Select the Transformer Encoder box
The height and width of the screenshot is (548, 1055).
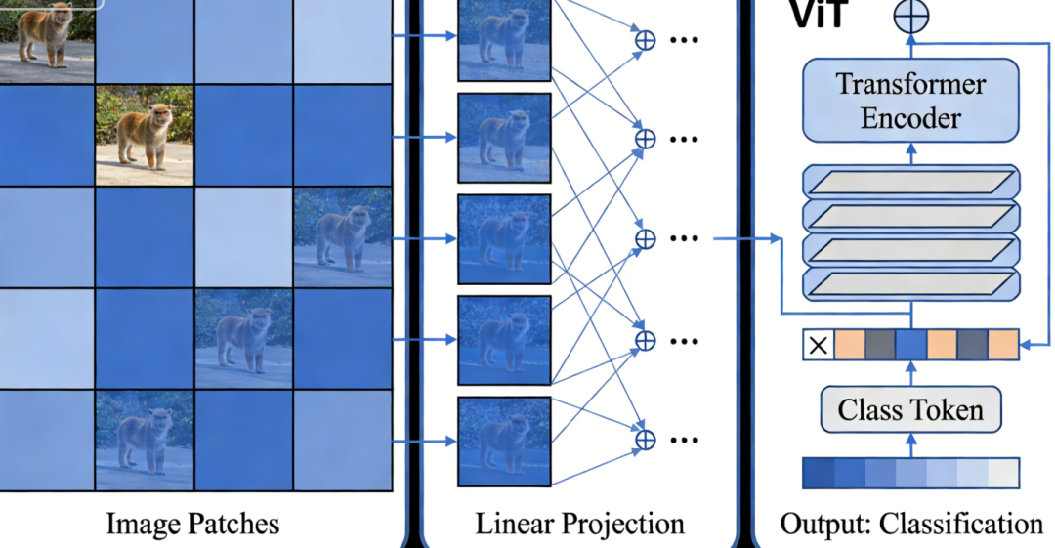tap(910, 101)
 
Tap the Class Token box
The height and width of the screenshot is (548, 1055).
tap(910, 409)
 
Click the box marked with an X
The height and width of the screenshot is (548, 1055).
tap(818, 345)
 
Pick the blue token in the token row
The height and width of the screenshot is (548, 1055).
tap(910, 345)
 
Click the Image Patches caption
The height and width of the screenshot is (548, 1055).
tap(192, 525)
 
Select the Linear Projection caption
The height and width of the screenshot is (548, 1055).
tap(579, 525)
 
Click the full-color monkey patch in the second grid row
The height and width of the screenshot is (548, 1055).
tap(145, 134)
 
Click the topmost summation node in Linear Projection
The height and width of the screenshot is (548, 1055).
tap(645, 40)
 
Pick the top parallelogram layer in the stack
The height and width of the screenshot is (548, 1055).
tap(910, 183)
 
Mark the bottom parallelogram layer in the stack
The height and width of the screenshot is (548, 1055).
tap(910, 283)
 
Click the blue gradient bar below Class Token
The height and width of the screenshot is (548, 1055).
tap(910, 473)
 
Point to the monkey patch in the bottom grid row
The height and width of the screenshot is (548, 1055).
tap(144, 439)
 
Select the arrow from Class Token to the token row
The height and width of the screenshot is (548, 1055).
tap(910, 374)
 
